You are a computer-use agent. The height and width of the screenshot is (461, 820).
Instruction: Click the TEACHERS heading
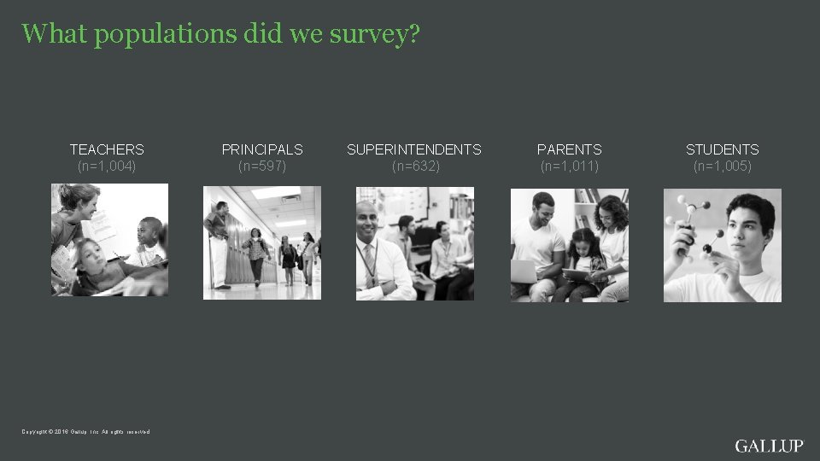point(107,149)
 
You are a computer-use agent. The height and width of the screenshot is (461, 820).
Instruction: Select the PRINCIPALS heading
point(262,149)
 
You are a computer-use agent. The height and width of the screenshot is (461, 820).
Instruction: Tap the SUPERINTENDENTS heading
point(414,149)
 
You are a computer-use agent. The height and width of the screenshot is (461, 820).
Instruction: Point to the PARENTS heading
point(569,149)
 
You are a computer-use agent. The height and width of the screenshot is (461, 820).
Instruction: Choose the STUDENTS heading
point(722,149)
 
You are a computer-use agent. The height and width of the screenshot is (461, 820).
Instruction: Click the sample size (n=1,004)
point(107,166)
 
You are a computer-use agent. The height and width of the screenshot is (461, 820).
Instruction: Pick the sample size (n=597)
point(262,166)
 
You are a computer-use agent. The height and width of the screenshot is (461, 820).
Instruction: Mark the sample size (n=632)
point(415,166)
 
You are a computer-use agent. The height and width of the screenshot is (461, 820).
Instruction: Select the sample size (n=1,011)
point(570,166)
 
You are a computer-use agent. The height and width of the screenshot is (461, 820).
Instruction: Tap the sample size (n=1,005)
point(722,166)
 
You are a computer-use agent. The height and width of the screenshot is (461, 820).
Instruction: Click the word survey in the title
point(372,35)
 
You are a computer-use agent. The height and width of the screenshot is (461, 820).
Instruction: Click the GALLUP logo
point(769,446)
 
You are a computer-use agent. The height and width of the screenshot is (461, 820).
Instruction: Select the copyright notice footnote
point(86,431)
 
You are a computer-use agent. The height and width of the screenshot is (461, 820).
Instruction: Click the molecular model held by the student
point(695,223)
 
